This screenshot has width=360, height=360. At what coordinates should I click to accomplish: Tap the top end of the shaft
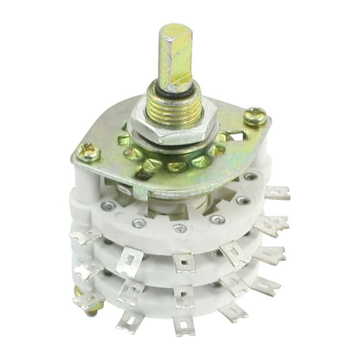coord(177,30)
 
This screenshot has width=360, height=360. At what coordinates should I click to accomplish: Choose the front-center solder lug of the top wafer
coord(181,262)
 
